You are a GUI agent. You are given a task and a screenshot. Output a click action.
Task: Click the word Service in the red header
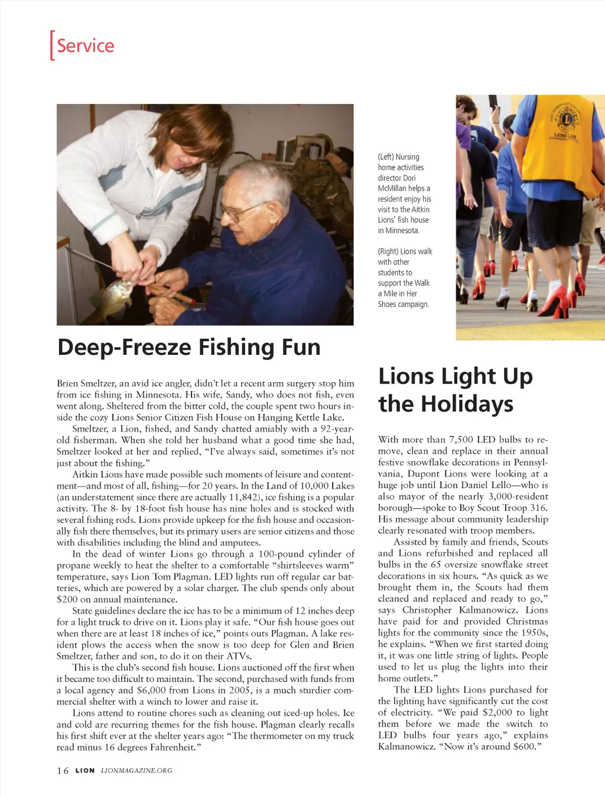pos(85,46)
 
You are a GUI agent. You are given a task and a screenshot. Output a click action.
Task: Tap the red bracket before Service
pos(52,46)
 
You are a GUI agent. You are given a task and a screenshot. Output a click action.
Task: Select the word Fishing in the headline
pos(238,347)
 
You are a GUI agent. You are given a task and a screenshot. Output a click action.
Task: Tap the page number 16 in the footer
pos(63,770)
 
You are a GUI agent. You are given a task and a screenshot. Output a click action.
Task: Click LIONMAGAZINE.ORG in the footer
pos(136,770)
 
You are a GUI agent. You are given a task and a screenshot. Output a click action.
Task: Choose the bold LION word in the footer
pos(85,770)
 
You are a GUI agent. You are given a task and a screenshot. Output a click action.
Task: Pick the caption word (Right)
pos(388,251)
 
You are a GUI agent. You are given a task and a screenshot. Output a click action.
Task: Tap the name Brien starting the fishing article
pos(67,383)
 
